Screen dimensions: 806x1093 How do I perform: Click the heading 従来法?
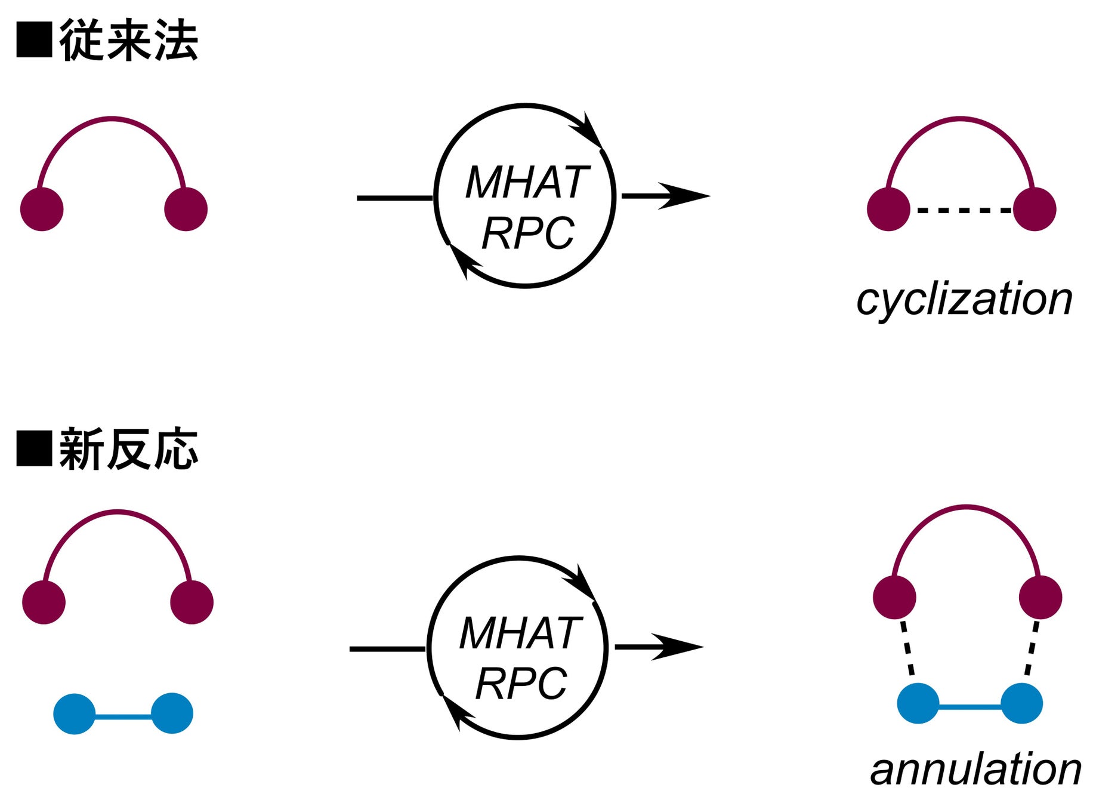(x=128, y=40)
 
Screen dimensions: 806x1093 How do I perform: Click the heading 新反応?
(x=128, y=449)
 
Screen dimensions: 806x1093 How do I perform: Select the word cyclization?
(x=964, y=300)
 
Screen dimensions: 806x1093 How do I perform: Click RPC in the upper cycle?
(x=527, y=233)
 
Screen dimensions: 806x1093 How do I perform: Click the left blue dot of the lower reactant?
(x=75, y=713)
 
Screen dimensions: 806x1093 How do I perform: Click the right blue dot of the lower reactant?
(x=172, y=713)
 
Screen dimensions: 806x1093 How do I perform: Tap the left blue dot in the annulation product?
(x=918, y=703)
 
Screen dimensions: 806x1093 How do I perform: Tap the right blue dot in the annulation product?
(x=1021, y=703)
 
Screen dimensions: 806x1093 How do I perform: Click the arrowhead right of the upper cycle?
(x=686, y=196)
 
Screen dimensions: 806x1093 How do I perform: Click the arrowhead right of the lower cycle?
(x=679, y=647)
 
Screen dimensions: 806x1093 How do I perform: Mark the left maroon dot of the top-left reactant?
(x=42, y=209)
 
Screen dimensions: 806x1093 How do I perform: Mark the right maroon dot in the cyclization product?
(x=1035, y=209)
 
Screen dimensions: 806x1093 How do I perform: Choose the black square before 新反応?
(x=34, y=448)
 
